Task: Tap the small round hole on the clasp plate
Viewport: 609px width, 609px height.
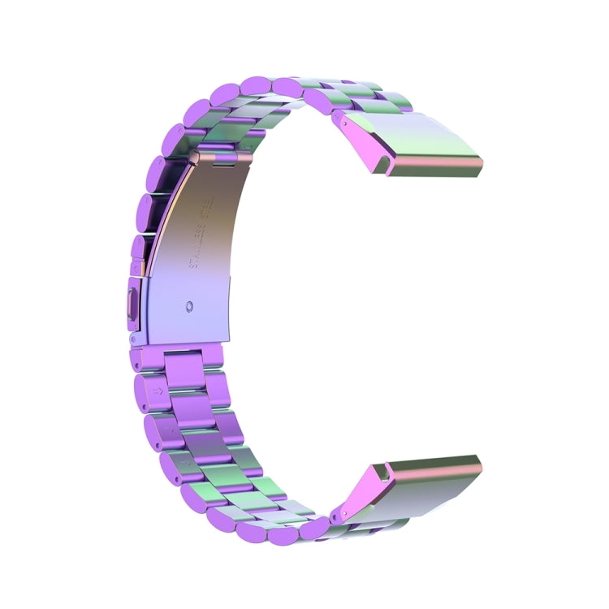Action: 189,308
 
